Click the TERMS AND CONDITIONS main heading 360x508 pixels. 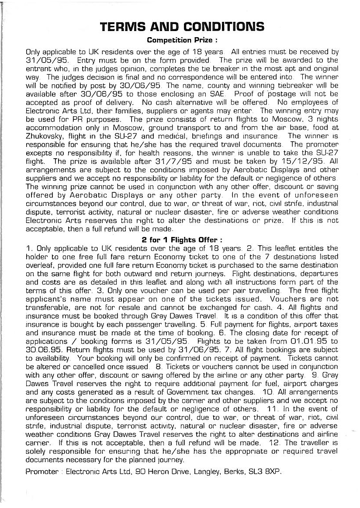pos(182,27)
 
